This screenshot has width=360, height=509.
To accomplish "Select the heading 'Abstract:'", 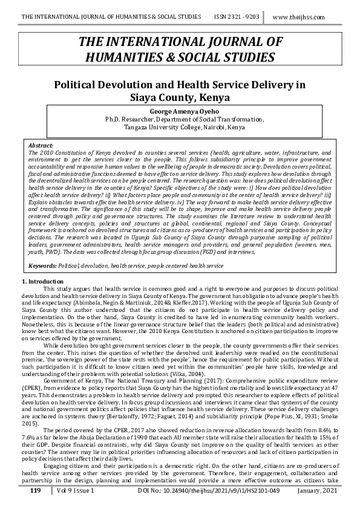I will click(41, 146).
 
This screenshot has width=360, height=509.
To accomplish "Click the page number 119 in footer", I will click(35, 491).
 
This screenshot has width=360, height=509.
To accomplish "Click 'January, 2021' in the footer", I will click(318, 491).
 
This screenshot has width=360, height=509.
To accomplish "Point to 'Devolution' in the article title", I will click(140, 85).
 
